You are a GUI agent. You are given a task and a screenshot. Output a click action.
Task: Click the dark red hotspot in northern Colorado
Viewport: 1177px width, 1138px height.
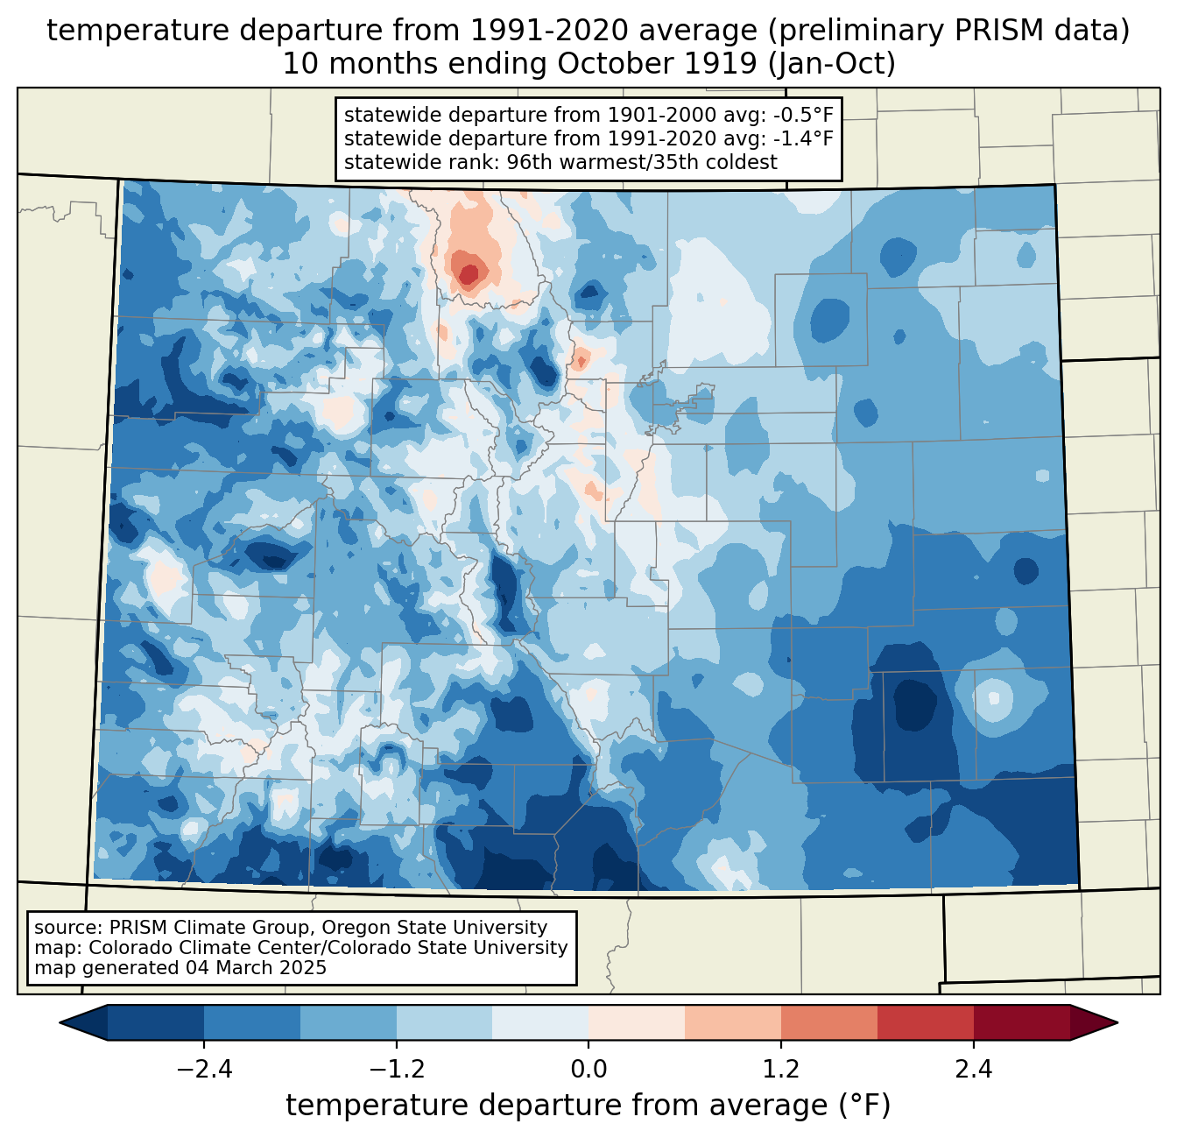click(x=469, y=275)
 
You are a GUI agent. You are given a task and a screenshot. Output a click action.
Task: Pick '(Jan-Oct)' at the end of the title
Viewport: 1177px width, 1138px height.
click(x=831, y=64)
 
